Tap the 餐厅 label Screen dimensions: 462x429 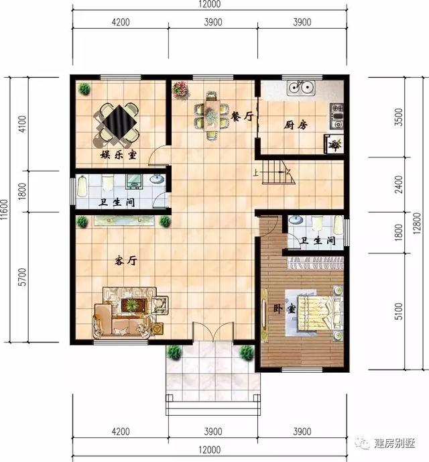coord(242,116)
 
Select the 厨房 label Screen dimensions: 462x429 coord(296,124)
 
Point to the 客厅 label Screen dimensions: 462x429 coord(124,261)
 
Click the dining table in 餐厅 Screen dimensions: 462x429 coord(210,115)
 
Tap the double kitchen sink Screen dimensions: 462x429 coord(300,87)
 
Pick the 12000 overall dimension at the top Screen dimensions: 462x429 coord(209,5)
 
